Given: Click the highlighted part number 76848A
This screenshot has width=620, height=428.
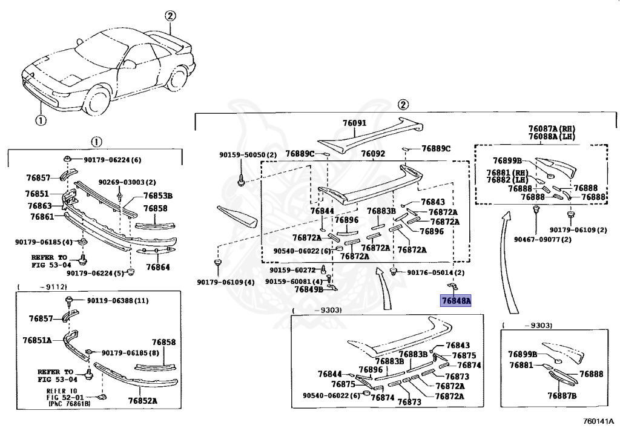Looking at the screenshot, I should (456, 300).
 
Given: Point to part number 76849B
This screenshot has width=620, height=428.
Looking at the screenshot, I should (308, 289).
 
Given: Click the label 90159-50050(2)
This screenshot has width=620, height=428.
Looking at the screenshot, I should (248, 155).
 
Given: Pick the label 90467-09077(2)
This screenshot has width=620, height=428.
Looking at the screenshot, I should (542, 239).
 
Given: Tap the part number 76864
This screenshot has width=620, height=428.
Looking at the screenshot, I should (157, 267).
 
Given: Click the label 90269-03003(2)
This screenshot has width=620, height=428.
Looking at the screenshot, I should (127, 182).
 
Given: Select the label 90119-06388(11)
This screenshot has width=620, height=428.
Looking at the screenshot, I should (117, 300).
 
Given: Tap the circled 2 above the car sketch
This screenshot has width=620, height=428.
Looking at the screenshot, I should (170, 16).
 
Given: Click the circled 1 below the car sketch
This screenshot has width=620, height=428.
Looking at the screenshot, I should (40, 119).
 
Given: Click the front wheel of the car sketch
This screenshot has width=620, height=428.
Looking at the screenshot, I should (97, 99).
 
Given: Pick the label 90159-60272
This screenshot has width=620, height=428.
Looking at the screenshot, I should (293, 270).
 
